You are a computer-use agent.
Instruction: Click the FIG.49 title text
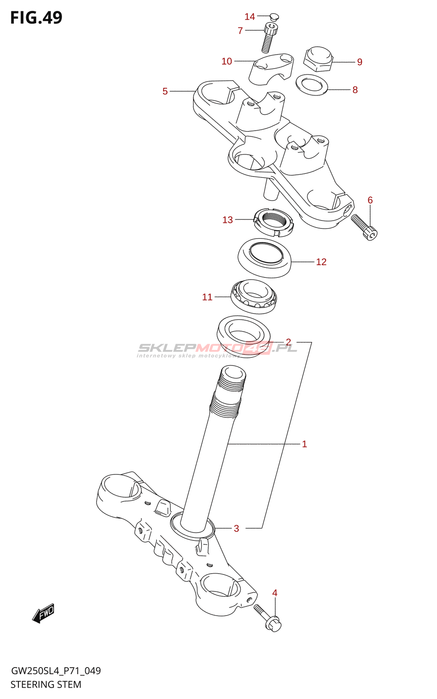point(36,18)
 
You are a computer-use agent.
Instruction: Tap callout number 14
point(250,17)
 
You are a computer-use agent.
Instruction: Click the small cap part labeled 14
point(274,17)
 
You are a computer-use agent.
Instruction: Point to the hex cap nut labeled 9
point(319,59)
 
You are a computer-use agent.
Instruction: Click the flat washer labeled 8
point(312,85)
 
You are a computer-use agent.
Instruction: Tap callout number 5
point(165,91)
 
